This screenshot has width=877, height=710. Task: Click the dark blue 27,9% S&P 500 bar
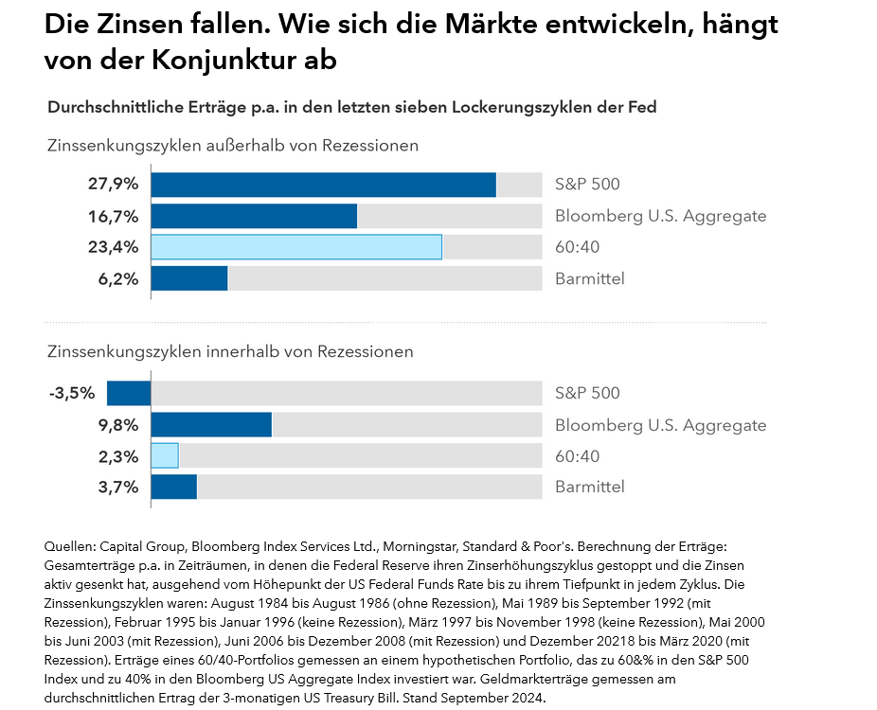point(323,185)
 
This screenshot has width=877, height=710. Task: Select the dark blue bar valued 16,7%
point(254,216)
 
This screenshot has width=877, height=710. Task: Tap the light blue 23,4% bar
point(296,247)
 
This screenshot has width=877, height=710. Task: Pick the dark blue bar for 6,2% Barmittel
point(189,278)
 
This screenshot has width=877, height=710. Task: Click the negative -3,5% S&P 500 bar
point(129,393)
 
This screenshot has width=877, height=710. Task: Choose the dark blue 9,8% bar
point(211,425)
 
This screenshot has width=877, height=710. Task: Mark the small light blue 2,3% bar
point(165,455)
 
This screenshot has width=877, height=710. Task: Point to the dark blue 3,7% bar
point(174,487)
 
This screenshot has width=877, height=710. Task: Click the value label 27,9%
point(114,185)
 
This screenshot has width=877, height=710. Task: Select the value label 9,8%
point(119,425)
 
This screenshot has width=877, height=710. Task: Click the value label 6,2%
point(119,278)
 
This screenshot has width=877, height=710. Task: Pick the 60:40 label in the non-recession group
point(577,247)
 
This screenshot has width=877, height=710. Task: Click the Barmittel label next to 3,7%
point(590,487)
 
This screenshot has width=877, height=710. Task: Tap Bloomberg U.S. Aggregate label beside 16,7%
point(660,216)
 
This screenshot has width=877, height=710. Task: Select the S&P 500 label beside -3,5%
point(587,393)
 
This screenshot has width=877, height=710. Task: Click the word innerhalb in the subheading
point(244,351)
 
